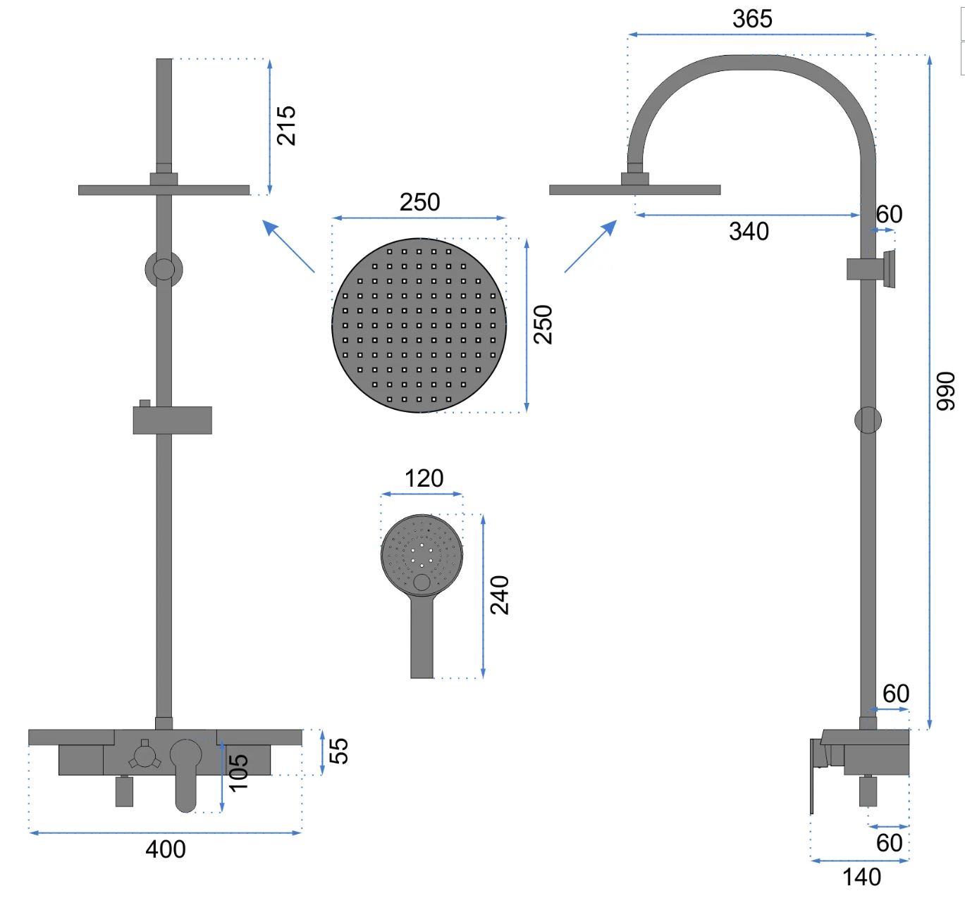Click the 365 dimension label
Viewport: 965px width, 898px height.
pyautogui.click(x=752, y=19)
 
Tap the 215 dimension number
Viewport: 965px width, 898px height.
pyautogui.click(x=286, y=125)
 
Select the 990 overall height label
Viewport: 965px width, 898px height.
pyautogui.click(x=945, y=391)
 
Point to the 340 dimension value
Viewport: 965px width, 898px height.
pyautogui.click(x=749, y=231)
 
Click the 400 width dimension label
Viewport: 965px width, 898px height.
pyautogui.click(x=166, y=849)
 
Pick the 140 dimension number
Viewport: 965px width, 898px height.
pyautogui.click(x=861, y=877)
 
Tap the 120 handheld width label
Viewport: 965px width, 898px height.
pyautogui.click(x=424, y=478)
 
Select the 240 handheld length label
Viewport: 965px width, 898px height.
pyautogui.click(x=500, y=595)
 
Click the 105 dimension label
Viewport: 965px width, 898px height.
pyautogui.click(x=238, y=773)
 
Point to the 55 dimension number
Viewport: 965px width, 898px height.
pyautogui.click(x=339, y=751)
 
